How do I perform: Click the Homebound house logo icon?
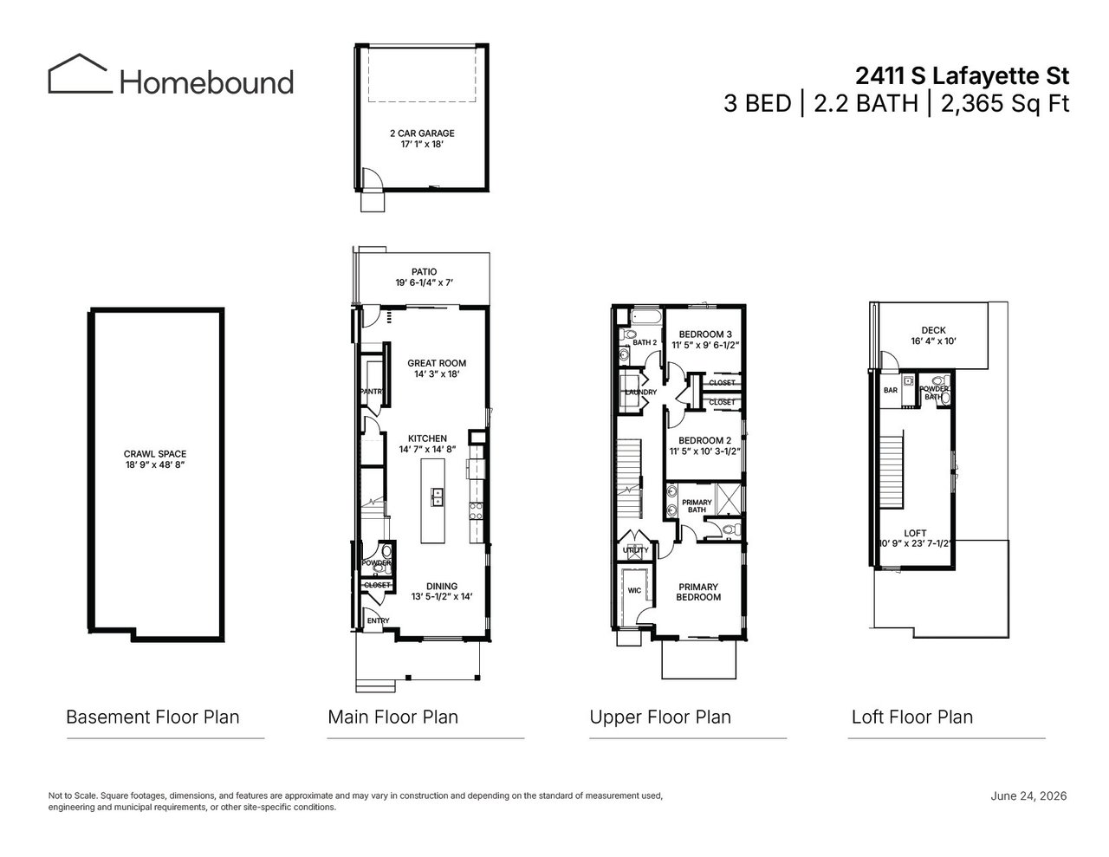coord(80,74)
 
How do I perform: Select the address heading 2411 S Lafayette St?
coord(962,76)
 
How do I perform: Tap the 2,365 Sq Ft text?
coord(1005,104)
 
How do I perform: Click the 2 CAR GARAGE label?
coord(422,133)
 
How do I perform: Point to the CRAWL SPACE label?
coord(155,454)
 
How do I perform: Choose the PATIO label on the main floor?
coord(424,271)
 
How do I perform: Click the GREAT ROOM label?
coord(437,363)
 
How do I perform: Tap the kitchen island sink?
coord(437,497)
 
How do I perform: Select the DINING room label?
coord(442,586)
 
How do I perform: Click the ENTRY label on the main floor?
coord(378,620)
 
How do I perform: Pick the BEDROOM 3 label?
coord(705,334)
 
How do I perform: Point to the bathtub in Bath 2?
coord(646,316)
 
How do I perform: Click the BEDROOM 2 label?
coord(704,440)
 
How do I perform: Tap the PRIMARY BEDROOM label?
coord(698,592)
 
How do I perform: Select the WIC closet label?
coord(634,591)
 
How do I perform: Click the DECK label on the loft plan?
coord(933,330)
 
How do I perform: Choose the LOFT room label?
coord(915,533)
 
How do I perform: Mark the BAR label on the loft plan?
coord(891,390)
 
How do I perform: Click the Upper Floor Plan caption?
coord(660,717)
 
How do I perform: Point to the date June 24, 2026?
coord(1029,795)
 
